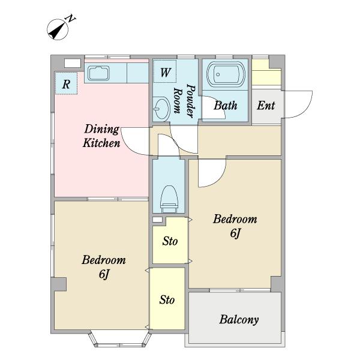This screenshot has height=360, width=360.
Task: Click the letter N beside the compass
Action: [x=70, y=19]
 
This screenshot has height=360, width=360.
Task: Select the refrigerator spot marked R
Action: [x=66, y=83]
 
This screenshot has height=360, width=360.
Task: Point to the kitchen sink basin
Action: [x=99, y=73]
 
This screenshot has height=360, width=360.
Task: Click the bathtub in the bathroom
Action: [x=225, y=74]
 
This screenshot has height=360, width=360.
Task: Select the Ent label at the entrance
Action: [x=266, y=106]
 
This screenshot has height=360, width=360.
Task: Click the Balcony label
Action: [x=239, y=320]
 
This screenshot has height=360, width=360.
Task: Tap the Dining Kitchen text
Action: [x=101, y=136]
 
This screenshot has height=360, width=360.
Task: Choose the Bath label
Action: [x=225, y=106]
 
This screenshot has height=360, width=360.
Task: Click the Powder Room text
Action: [x=184, y=101]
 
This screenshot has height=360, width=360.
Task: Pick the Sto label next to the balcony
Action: [x=167, y=300]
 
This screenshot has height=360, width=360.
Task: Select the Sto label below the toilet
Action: [x=170, y=241]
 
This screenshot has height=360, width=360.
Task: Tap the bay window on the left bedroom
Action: [x=120, y=339]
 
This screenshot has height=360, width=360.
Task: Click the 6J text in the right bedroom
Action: [x=235, y=233]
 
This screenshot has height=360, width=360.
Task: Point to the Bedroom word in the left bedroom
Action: [x=104, y=260]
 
